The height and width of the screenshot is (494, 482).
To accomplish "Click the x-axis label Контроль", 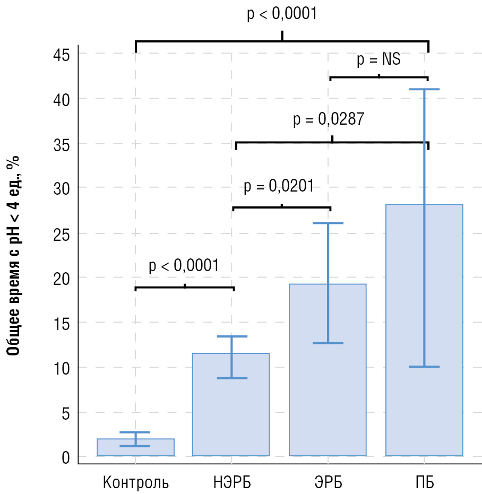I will pyautogui.click(x=136, y=483).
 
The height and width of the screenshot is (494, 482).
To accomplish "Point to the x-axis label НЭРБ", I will pyautogui.click(x=231, y=483).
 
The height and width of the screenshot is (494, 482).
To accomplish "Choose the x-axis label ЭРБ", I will pyautogui.click(x=328, y=483).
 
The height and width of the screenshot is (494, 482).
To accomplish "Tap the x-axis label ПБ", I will pyautogui.click(x=424, y=483).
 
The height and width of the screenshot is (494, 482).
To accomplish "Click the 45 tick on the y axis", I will pyautogui.click(x=62, y=54).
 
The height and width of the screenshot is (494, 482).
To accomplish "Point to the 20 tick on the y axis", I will pyautogui.click(x=62, y=278).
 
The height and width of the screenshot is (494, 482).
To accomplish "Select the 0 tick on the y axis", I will pyautogui.click(x=66, y=457).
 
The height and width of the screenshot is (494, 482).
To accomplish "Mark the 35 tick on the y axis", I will pyautogui.click(x=62, y=144).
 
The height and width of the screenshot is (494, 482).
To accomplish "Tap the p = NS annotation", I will pyautogui.click(x=378, y=59).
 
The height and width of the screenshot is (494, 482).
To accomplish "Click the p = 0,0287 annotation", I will pyautogui.click(x=329, y=119).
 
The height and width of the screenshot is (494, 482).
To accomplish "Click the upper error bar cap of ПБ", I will pyautogui.click(x=424, y=89).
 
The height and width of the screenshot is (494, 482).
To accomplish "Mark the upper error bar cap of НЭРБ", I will pyautogui.click(x=232, y=336).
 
